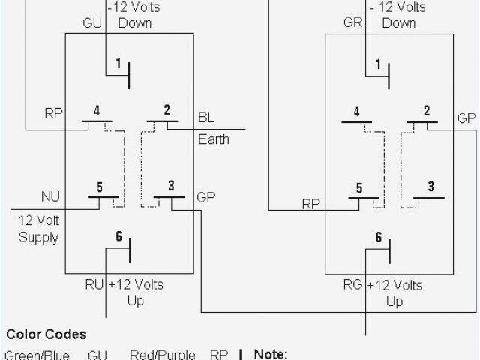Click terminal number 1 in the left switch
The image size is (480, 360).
click(x=118, y=63)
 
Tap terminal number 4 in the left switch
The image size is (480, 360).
click(x=97, y=110)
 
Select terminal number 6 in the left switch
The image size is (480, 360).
click(x=118, y=236)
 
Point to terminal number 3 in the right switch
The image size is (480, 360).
click(x=430, y=187)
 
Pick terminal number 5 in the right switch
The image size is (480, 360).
click(x=359, y=188)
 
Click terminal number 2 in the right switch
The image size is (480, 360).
click(x=427, y=111)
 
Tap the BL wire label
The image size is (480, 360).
click(x=206, y=118)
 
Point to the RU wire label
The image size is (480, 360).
click(x=94, y=285)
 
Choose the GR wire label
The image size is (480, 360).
click(x=353, y=22)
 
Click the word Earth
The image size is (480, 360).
click(x=214, y=139)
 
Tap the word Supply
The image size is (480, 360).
click(x=39, y=238)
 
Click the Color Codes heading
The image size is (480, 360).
click(x=46, y=334)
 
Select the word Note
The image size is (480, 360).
click(x=271, y=354)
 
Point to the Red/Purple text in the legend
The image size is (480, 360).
click(x=162, y=354)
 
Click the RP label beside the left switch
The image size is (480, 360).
click(x=53, y=113)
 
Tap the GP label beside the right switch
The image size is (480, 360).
click(x=466, y=118)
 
